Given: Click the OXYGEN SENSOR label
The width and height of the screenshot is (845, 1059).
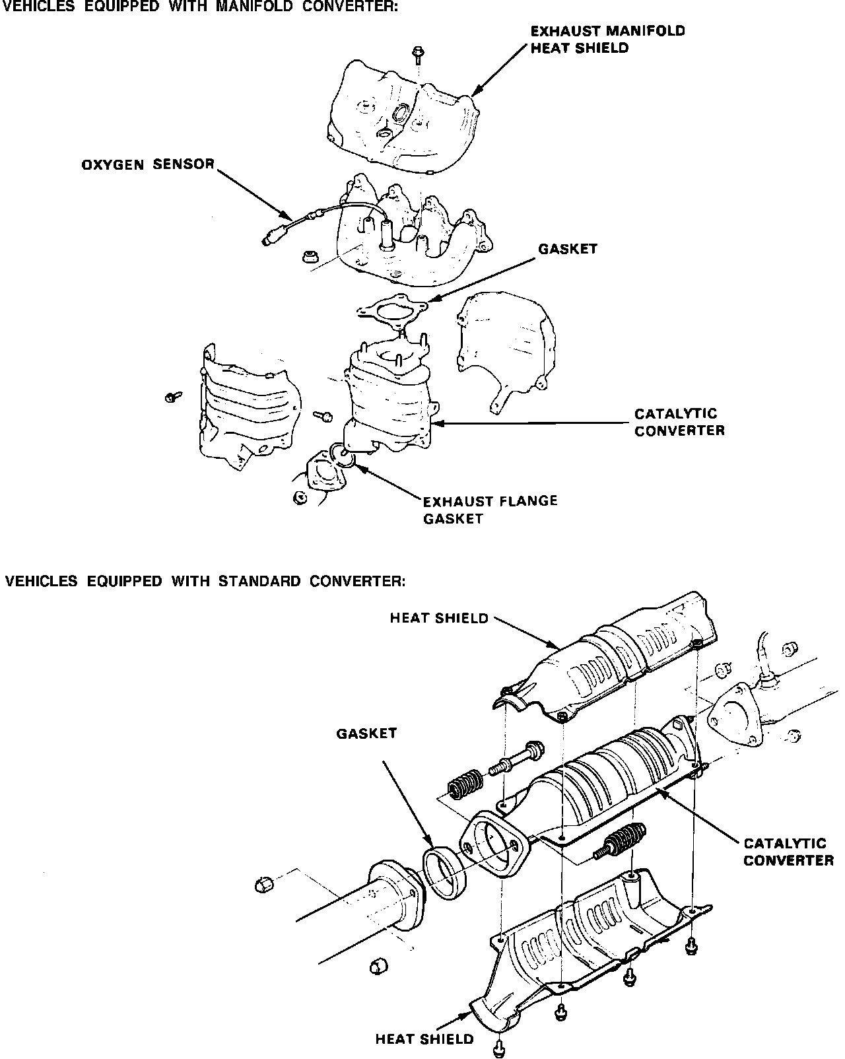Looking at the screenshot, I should (x=148, y=164).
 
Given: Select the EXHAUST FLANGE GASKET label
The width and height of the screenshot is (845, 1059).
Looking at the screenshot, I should (x=490, y=509).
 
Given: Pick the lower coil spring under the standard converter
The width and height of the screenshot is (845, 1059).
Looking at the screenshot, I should (x=618, y=840).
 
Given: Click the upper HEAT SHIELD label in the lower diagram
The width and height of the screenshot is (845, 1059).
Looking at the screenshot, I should (x=439, y=619).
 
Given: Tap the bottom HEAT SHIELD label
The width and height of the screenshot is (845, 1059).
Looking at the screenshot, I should (x=424, y=1039).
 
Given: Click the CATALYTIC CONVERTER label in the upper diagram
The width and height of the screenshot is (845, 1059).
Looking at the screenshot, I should (x=679, y=422).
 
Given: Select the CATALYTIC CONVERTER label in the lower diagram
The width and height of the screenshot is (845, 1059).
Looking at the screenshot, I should (x=788, y=852).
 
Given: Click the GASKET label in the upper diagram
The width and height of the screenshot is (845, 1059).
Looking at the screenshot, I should (x=567, y=249).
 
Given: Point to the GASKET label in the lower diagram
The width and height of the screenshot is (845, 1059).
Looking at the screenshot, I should (x=366, y=733).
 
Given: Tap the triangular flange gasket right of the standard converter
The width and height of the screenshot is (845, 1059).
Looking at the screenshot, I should (x=733, y=716).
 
